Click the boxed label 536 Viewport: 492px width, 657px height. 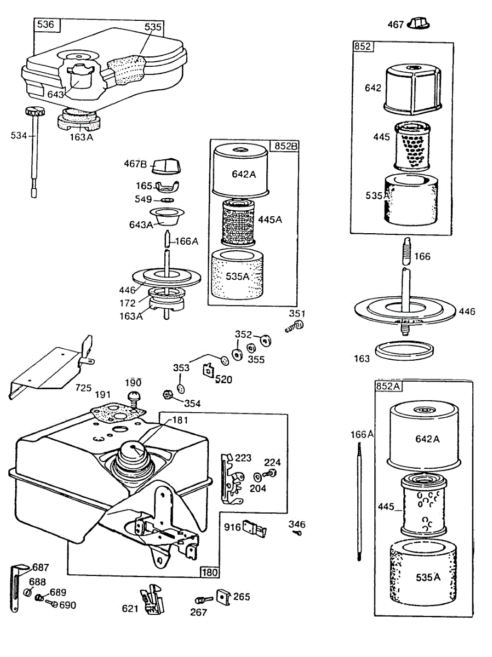(x=45, y=24)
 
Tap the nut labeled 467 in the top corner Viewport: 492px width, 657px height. (x=419, y=24)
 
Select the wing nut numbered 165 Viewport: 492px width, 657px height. (x=168, y=186)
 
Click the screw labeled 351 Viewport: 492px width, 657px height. (x=294, y=326)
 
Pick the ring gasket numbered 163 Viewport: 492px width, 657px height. (x=404, y=350)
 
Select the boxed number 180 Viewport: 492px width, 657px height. (x=210, y=572)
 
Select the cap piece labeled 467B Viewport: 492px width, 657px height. (x=167, y=165)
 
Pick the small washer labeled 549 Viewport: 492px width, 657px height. (x=168, y=200)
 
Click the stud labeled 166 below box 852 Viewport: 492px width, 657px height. (x=407, y=251)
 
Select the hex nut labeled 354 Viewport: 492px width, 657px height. (x=168, y=395)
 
